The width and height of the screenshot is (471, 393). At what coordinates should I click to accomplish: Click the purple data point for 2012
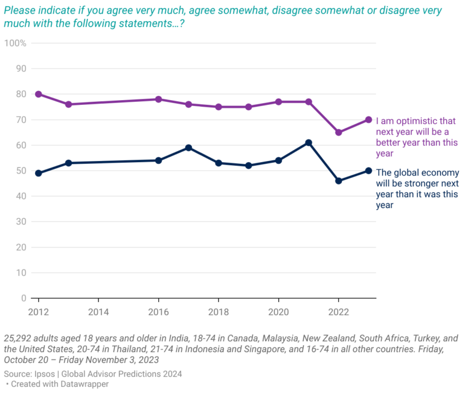tap(39, 94)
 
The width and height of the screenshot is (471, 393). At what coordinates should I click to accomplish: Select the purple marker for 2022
tap(338, 132)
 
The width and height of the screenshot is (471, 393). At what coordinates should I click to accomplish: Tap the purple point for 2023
tap(368, 119)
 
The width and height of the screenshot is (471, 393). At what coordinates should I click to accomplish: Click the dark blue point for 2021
tap(309, 143)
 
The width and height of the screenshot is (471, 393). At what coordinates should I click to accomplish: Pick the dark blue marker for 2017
tap(188, 148)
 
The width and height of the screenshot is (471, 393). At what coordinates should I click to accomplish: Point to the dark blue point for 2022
tap(338, 181)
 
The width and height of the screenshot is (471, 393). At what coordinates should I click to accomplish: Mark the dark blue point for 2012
tap(39, 173)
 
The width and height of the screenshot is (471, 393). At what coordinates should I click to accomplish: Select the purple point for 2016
tap(158, 99)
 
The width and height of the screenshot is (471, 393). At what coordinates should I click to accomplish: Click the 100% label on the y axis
tap(14, 43)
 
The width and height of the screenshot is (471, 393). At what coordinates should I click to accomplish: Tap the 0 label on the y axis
tap(24, 298)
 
